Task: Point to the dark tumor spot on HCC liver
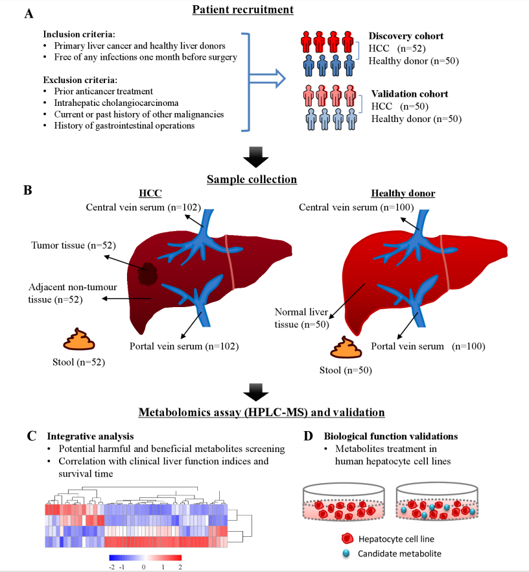coord(147,273)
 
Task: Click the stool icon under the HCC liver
coord(76,340)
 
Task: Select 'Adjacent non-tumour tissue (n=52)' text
coord(64,293)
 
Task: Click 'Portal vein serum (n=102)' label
coord(184,346)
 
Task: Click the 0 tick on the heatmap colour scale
coord(143,566)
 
